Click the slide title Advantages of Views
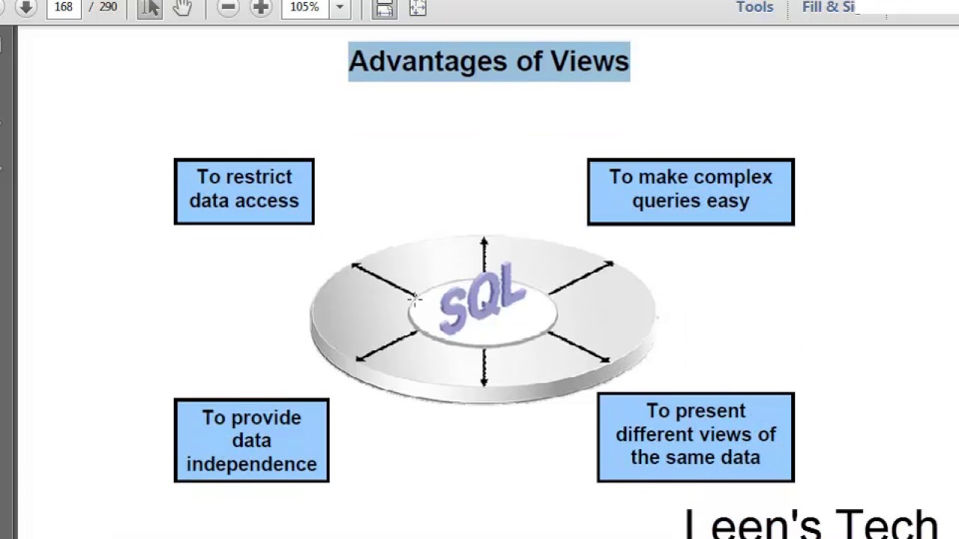[x=488, y=61]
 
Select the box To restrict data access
[x=244, y=191]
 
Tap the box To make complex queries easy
[x=690, y=191]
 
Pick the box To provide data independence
[x=251, y=440]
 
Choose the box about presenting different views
[x=695, y=436]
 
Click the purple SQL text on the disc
[x=482, y=297]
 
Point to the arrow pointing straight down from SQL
[x=484, y=367]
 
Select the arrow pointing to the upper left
[x=382, y=279]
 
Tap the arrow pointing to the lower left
[x=385, y=347]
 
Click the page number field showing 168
[x=63, y=7]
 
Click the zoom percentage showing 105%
[x=304, y=7]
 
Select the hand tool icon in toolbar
[x=182, y=8]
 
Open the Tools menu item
[x=754, y=7]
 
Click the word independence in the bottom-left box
[x=251, y=464]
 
